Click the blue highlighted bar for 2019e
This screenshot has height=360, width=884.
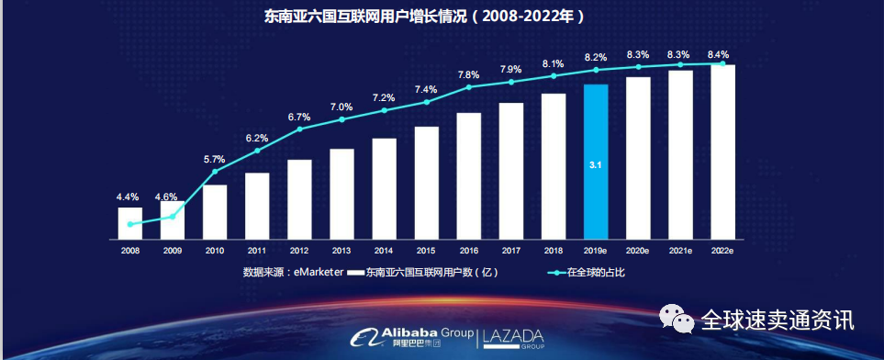point(596,161)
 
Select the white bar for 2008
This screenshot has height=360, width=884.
point(130,222)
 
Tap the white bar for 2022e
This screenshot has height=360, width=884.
point(723,151)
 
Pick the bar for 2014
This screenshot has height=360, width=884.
point(385,187)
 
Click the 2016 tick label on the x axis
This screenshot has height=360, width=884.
point(469,250)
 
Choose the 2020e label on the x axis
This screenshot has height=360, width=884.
point(639,250)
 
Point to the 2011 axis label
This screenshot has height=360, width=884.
point(257,250)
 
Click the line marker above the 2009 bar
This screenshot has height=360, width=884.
point(173,215)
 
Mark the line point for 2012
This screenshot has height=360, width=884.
point(299,129)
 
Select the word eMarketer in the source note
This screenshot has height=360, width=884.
point(319,272)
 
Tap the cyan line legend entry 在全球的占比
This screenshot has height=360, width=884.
point(597,272)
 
